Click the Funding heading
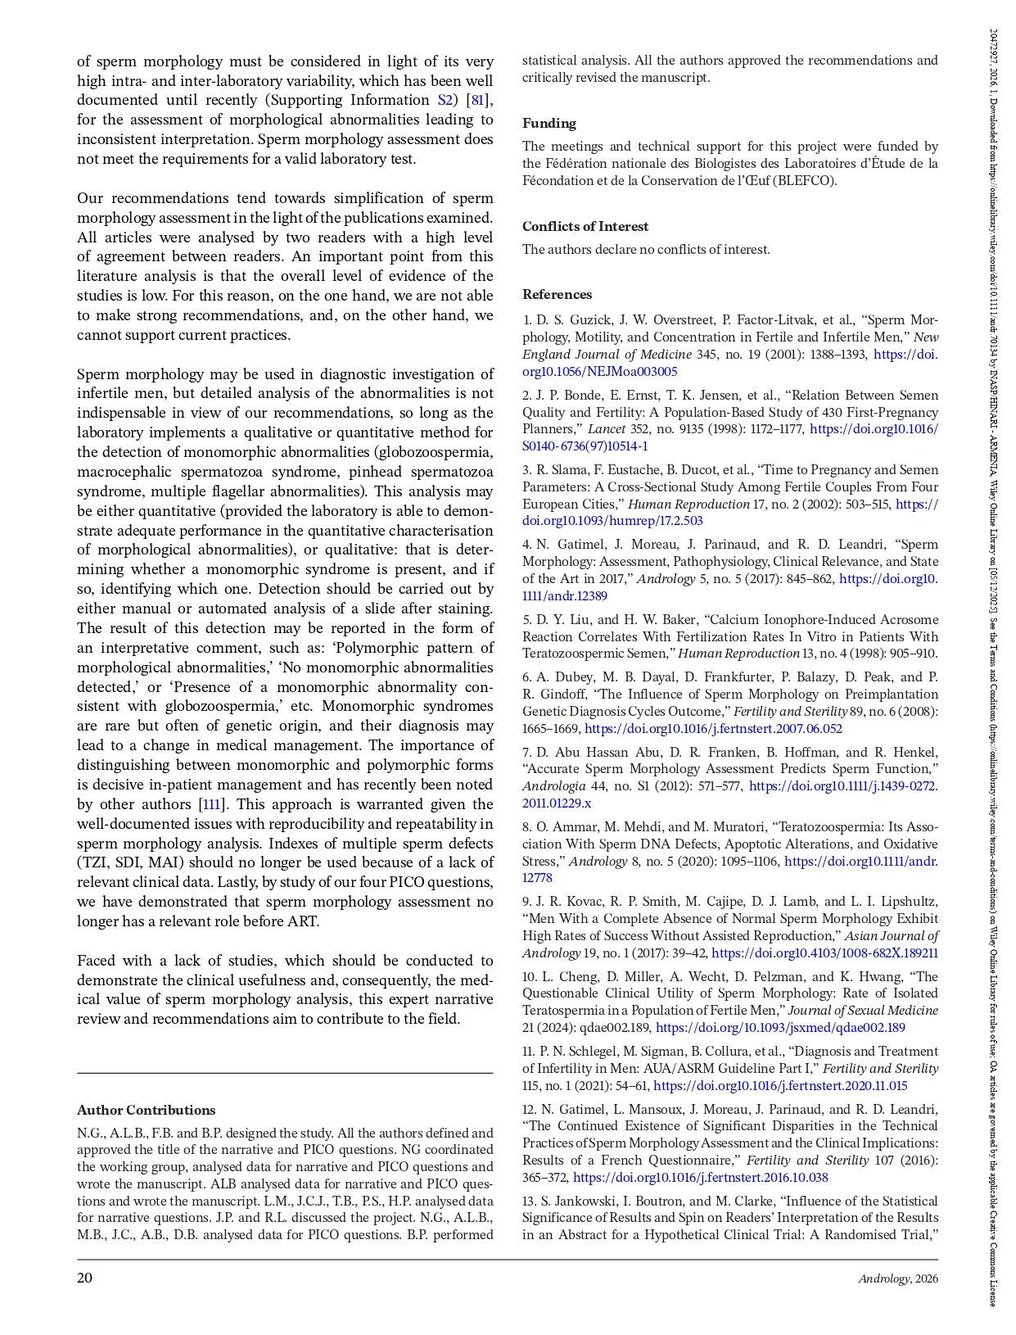tap(549, 124)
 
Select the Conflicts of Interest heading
tap(585, 227)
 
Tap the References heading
tap(558, 295)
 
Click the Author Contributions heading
tap(147, 1111)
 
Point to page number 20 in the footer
tap(85, 1278)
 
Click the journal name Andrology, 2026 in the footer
tap(898, 1279)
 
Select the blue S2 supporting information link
tap(445, 101)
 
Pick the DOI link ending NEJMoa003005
tap(600, 372)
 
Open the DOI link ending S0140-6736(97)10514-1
tap(585, 446)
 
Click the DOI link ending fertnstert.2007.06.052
tap(713, 729)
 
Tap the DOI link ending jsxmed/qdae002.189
tap(780, 1028)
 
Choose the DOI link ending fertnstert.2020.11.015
tap(780, 1086)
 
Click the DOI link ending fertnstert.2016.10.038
tap(700, 1178)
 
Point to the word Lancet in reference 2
tap(607, 429)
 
